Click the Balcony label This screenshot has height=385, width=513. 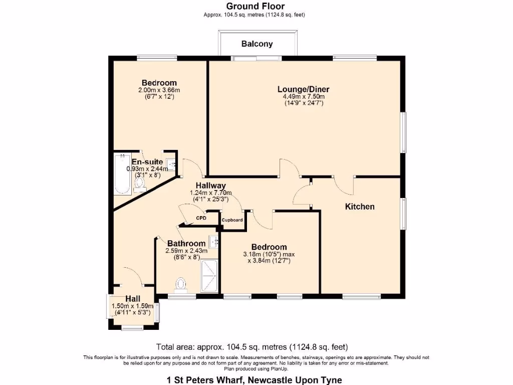(257, 44)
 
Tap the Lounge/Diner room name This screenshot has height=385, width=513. (303, 89)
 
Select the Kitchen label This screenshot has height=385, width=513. (360, 207)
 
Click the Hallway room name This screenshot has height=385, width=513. (211, 186)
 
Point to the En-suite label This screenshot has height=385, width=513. (147, 162)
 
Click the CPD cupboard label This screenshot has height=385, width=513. (201, 218)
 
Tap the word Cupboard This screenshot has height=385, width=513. (232, 220)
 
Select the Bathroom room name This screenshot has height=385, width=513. (186, 244)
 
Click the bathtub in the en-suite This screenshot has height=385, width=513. (122, 174)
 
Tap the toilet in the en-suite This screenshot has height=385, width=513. (140, 184)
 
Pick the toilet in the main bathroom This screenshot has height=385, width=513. (180, 285)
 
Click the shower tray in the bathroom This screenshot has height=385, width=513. (209, 276)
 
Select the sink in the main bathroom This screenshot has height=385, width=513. (214, 242)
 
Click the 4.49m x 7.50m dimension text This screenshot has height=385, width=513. (304, 97)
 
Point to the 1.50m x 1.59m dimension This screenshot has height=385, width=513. (132, 306)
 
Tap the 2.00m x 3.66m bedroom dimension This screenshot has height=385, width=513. (159, 90)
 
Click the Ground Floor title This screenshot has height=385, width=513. (255, 6)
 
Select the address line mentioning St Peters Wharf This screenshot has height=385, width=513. (254, 380)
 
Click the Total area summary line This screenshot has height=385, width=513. (252, 347)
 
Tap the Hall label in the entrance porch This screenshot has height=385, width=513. (133, 299)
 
